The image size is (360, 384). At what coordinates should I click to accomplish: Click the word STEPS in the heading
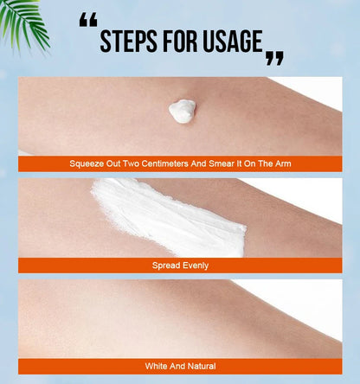pos(129,41)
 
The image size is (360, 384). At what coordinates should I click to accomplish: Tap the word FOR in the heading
pos(180,41)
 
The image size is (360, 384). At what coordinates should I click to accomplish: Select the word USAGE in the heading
pos(232,41)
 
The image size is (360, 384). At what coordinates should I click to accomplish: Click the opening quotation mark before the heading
pos(88,20)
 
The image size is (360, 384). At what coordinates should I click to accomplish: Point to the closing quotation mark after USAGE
pos(274,58)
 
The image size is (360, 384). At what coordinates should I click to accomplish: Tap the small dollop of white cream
pos(183,112)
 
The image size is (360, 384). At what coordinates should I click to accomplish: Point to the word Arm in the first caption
pos(283,163)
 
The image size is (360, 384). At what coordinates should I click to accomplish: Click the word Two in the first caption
pos(132,163)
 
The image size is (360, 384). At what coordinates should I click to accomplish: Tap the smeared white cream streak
pos(169,217)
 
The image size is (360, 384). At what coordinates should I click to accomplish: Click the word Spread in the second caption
pos(166,266)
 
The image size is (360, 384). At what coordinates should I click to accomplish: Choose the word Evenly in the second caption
pos(196,266)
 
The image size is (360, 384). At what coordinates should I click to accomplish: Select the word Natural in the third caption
pos(202,366)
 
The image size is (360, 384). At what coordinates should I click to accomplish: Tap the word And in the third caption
pos(177,366)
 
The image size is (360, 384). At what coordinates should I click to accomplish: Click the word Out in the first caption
pos(113,163)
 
